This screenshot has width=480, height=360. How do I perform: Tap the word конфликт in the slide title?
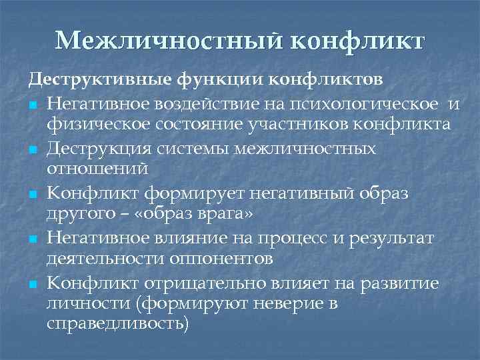point(357,41)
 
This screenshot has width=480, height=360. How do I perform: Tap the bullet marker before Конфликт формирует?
point(33,195)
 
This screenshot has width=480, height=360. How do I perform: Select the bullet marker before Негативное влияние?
point(33,240)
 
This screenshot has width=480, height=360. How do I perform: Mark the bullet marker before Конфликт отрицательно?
point(33,285)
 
